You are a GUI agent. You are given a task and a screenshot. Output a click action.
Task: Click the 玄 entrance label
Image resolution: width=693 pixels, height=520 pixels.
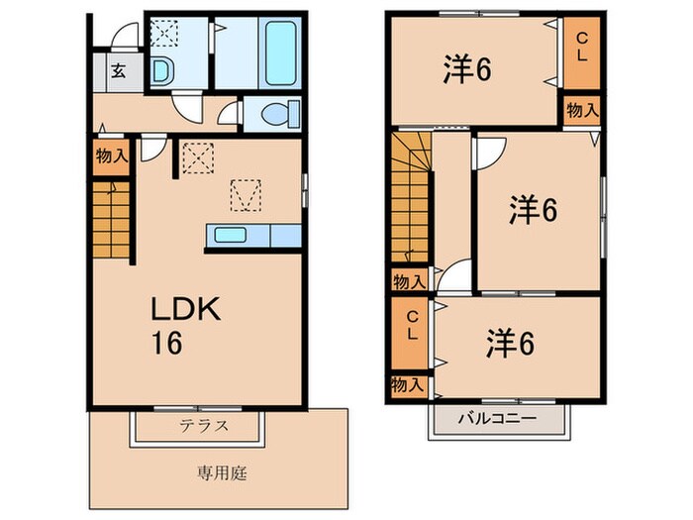click(x=118, y=70)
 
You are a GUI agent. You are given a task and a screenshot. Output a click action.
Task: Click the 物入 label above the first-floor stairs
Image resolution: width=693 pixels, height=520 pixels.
click(x=111, y=156)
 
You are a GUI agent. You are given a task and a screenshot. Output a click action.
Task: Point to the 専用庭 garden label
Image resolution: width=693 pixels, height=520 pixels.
click(x=221, y=471)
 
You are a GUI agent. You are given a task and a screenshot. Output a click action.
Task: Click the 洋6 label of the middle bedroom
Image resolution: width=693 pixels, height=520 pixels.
click(x=535, y=210)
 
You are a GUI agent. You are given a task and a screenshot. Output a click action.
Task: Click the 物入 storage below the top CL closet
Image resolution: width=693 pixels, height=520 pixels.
click(x=582, y=110)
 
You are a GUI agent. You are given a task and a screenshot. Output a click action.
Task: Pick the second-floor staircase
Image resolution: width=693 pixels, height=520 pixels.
click(x=410, y=198)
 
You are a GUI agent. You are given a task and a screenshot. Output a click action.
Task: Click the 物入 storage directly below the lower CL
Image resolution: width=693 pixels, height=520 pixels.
click(x=408, y=383)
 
